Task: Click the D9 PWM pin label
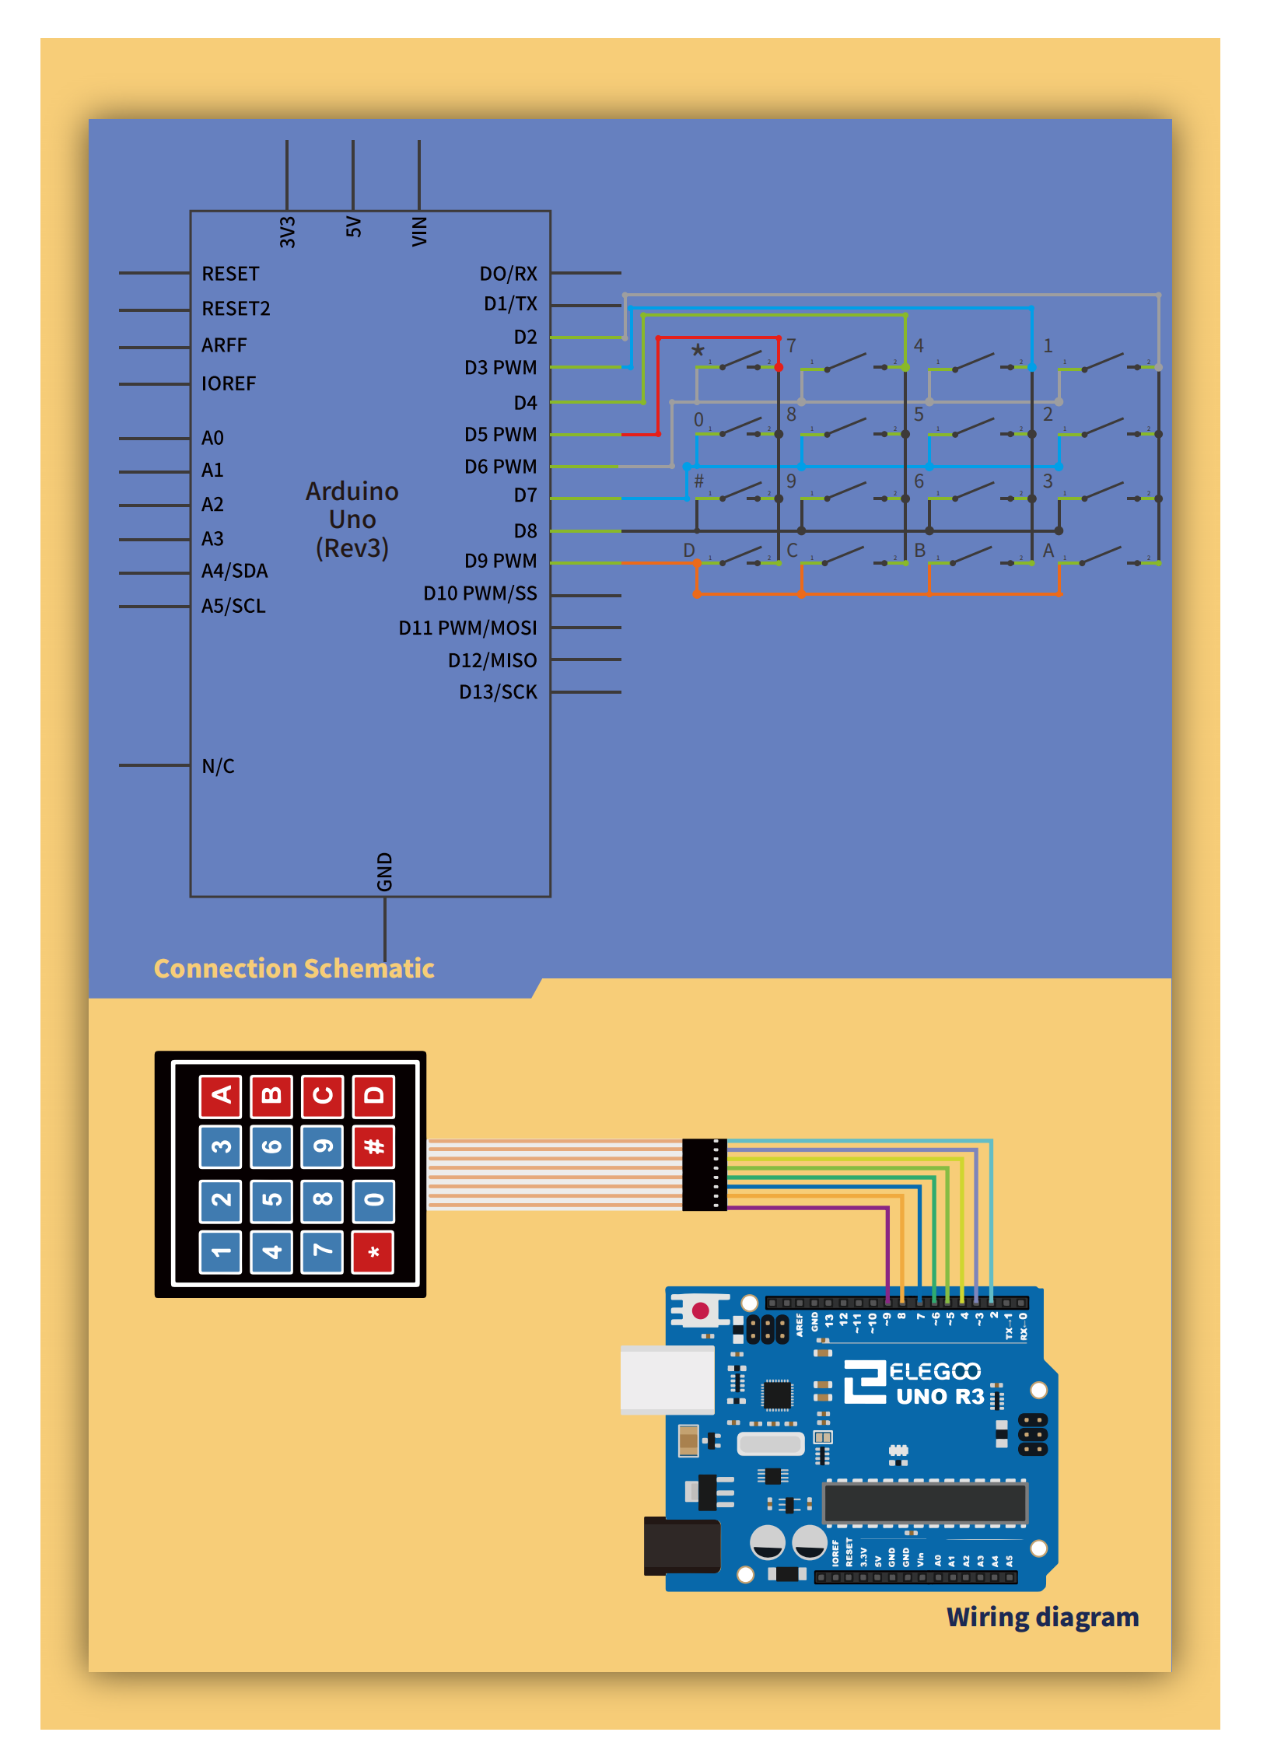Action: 500,561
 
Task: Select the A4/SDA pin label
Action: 234,571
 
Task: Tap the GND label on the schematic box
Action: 385,872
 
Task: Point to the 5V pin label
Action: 354,227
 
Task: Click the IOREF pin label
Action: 228,383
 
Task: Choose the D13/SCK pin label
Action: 498,692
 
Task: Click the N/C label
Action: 218,766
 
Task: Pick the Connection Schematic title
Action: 294,968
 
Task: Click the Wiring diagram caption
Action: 1042,1617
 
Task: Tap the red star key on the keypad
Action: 373,1251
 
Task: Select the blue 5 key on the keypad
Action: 271,1199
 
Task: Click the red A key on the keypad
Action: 221,1096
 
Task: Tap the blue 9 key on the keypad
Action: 322,1146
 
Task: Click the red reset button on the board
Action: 700,1310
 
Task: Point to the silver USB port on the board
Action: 667,1380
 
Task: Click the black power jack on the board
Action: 681,1546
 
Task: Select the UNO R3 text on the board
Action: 940,1397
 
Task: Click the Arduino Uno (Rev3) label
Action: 352,520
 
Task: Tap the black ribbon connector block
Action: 705,1174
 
